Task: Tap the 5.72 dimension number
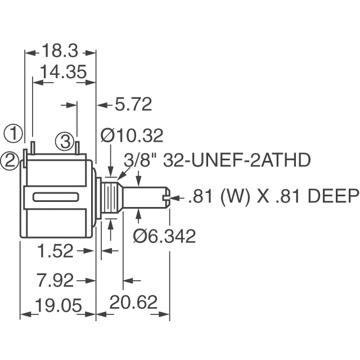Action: [x=133, y=104]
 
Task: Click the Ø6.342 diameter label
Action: [x=164, y=236]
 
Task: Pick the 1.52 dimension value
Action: [x=57, y=251]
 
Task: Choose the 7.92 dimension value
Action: [x=57, y=280]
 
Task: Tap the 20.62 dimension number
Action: [x=133, y=303]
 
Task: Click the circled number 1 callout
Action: [x=14, y=134]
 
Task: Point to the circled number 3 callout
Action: [x=66, y=139]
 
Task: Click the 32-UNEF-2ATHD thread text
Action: [x=236, y=161]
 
